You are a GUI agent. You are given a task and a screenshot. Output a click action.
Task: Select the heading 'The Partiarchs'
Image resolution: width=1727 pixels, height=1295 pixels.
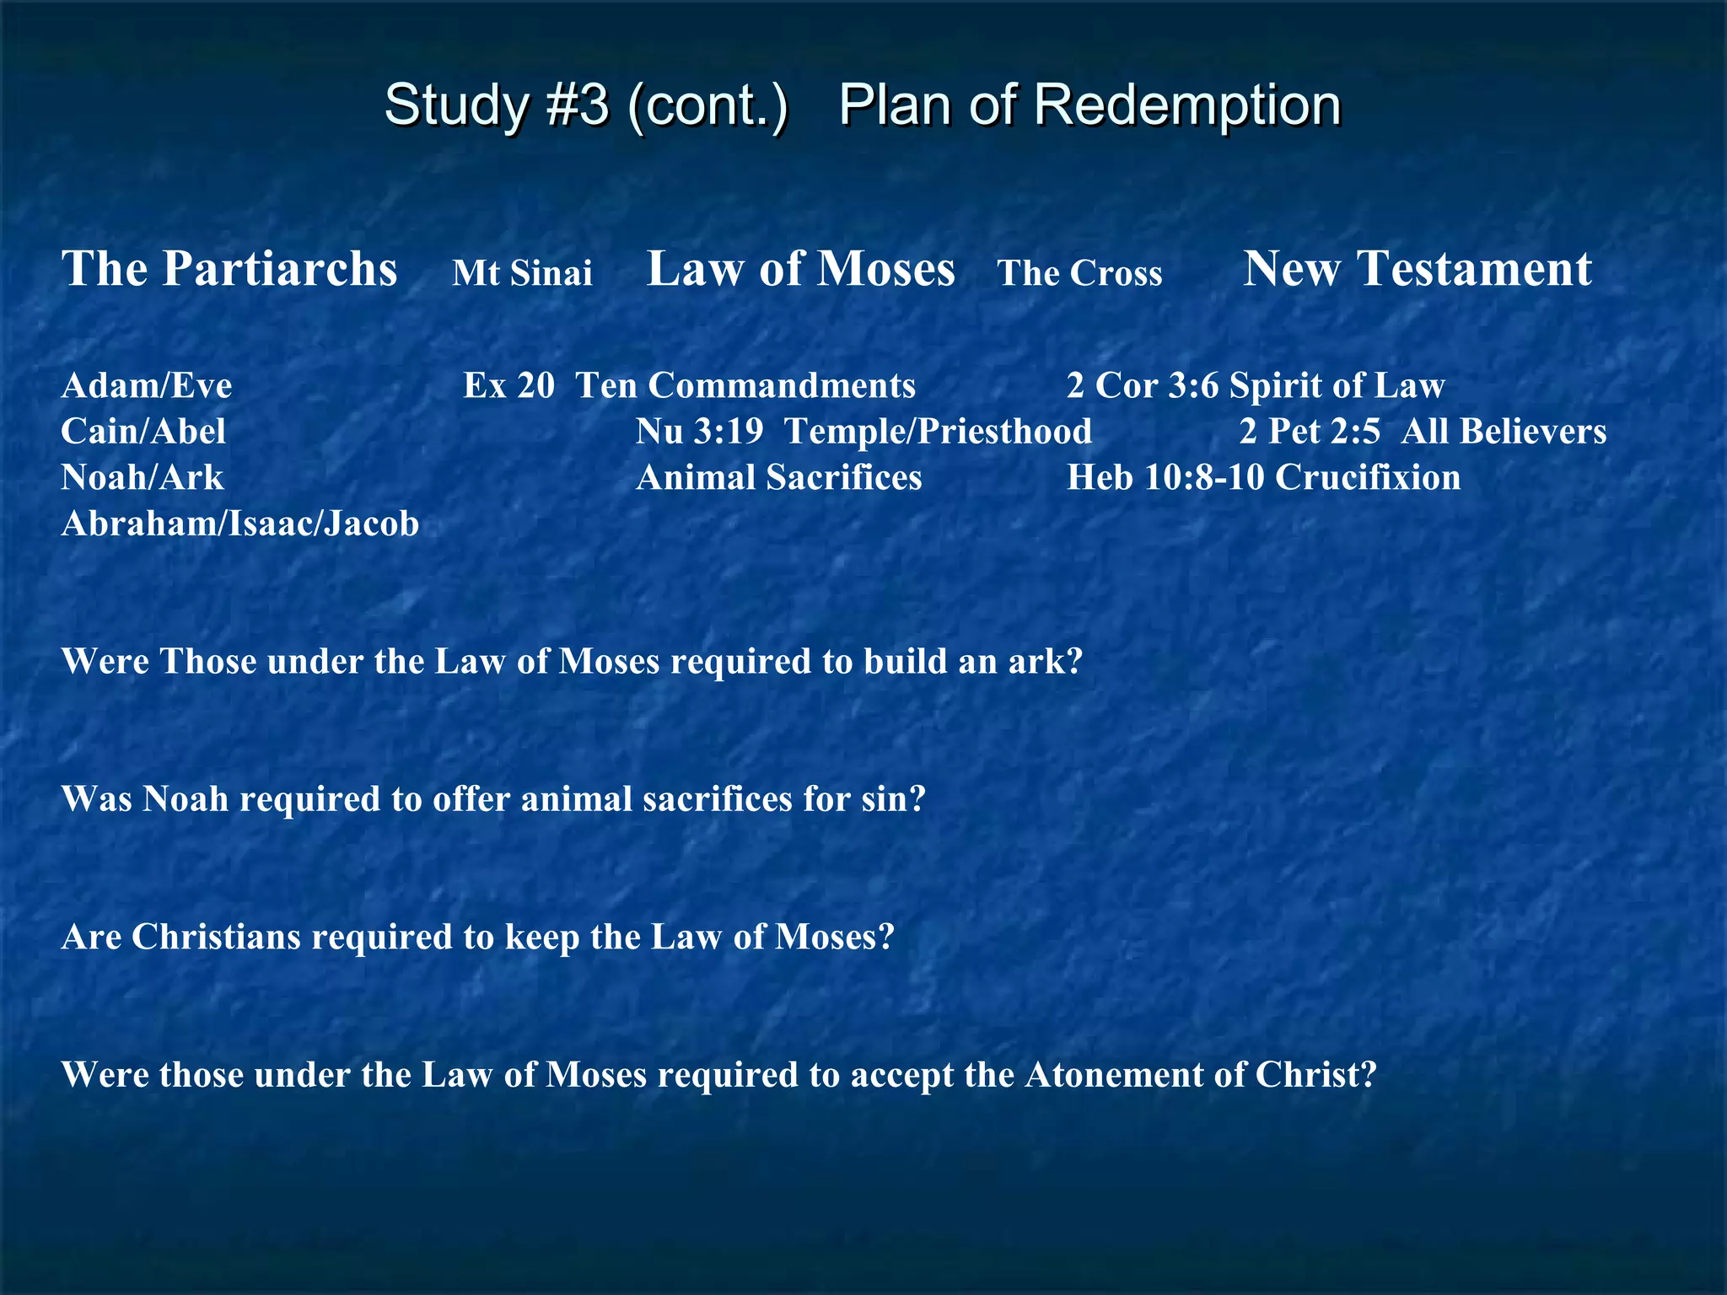point(229,269)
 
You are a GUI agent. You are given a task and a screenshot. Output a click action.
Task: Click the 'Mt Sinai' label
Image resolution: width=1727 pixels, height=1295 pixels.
point(522,273)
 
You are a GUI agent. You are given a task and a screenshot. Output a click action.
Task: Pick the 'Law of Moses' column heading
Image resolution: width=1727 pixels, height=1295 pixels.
point(800,269)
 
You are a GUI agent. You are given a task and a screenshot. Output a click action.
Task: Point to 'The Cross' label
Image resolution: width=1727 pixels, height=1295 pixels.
point(1079,273)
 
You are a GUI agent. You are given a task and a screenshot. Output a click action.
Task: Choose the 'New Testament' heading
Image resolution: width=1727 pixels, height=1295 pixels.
point(1418,269)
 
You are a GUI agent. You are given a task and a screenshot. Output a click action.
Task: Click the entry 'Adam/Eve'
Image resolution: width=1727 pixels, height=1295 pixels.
point(147,385)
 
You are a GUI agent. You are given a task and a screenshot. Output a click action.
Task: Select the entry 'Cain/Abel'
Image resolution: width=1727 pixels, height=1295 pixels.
point(143,432)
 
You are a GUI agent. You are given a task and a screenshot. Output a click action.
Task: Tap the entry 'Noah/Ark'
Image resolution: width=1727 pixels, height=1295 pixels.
point(143,478)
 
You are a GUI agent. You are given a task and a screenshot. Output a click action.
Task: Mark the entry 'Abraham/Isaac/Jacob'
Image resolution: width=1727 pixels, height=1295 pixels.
point(240,524)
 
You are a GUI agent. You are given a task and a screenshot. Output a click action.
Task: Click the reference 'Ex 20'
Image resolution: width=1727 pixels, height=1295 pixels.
point(508,385)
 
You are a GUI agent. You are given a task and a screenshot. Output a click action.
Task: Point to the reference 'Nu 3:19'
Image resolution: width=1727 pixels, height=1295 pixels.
point(700,432)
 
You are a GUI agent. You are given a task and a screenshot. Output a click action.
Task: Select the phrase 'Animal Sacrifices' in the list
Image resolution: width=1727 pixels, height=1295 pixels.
point(779,478)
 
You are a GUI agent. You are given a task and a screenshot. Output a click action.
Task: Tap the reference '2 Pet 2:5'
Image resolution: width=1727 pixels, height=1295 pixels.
point(1310,432)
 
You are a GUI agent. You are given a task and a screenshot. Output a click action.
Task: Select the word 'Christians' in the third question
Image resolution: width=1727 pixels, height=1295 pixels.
point(216,937)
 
